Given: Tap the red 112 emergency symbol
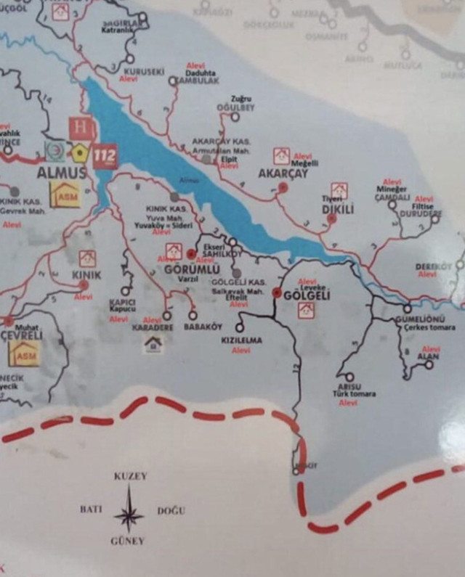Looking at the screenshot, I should point(105,155).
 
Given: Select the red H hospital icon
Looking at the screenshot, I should point(81,129).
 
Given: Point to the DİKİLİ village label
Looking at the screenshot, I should point(337,210).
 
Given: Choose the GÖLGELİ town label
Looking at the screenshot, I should point(307,295).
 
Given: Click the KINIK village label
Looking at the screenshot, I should point(86,275).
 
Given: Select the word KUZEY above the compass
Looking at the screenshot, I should point(130,477).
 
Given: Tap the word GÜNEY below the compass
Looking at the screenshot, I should point(127,541).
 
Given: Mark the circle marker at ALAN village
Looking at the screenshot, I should point(429,364).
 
